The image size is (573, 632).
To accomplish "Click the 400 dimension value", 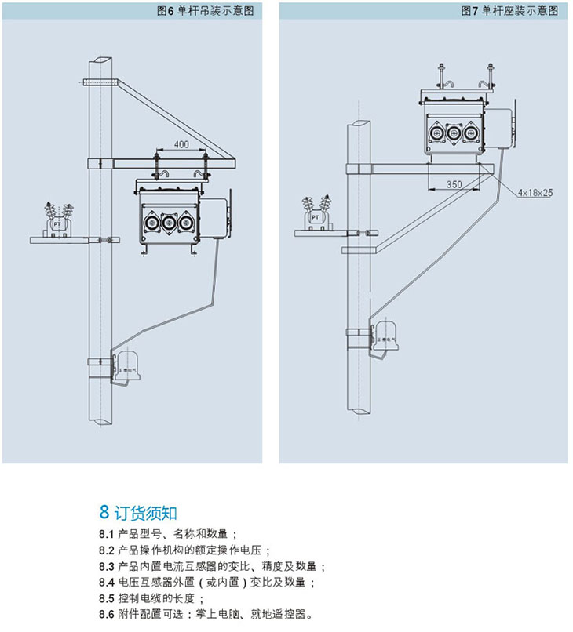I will click(x=181, y=145).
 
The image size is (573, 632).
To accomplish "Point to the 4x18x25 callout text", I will click(x=535, y=191).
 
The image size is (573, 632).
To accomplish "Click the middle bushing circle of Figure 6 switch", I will click(x=168, y=223).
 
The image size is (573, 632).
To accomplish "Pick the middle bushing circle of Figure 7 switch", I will click(x=453, y=133).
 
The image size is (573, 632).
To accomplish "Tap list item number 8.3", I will click(x=107, y=566).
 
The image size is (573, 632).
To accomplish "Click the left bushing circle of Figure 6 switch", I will click(x=149, y=223).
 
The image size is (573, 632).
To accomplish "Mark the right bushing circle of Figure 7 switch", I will click(x=471, y=133).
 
